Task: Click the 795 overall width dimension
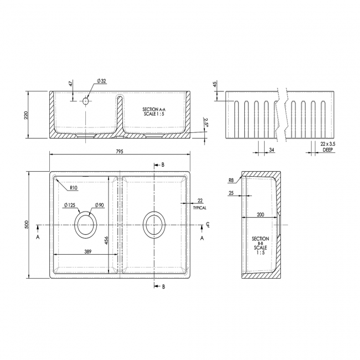tap(119, 151)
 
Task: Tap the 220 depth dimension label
tap(26, 115)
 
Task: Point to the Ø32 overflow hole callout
tap(101, 81)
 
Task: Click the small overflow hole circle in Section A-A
tap(86, 101)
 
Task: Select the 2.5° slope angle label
tap(205, 121)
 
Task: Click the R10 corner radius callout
tap(74, 188)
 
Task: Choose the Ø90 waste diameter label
tap(99, 205)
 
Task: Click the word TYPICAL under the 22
tap(200, 208)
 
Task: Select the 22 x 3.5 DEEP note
tap(320, 147)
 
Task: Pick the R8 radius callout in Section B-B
tap(230, 181)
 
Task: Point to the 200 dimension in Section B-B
tap(260, 214)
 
